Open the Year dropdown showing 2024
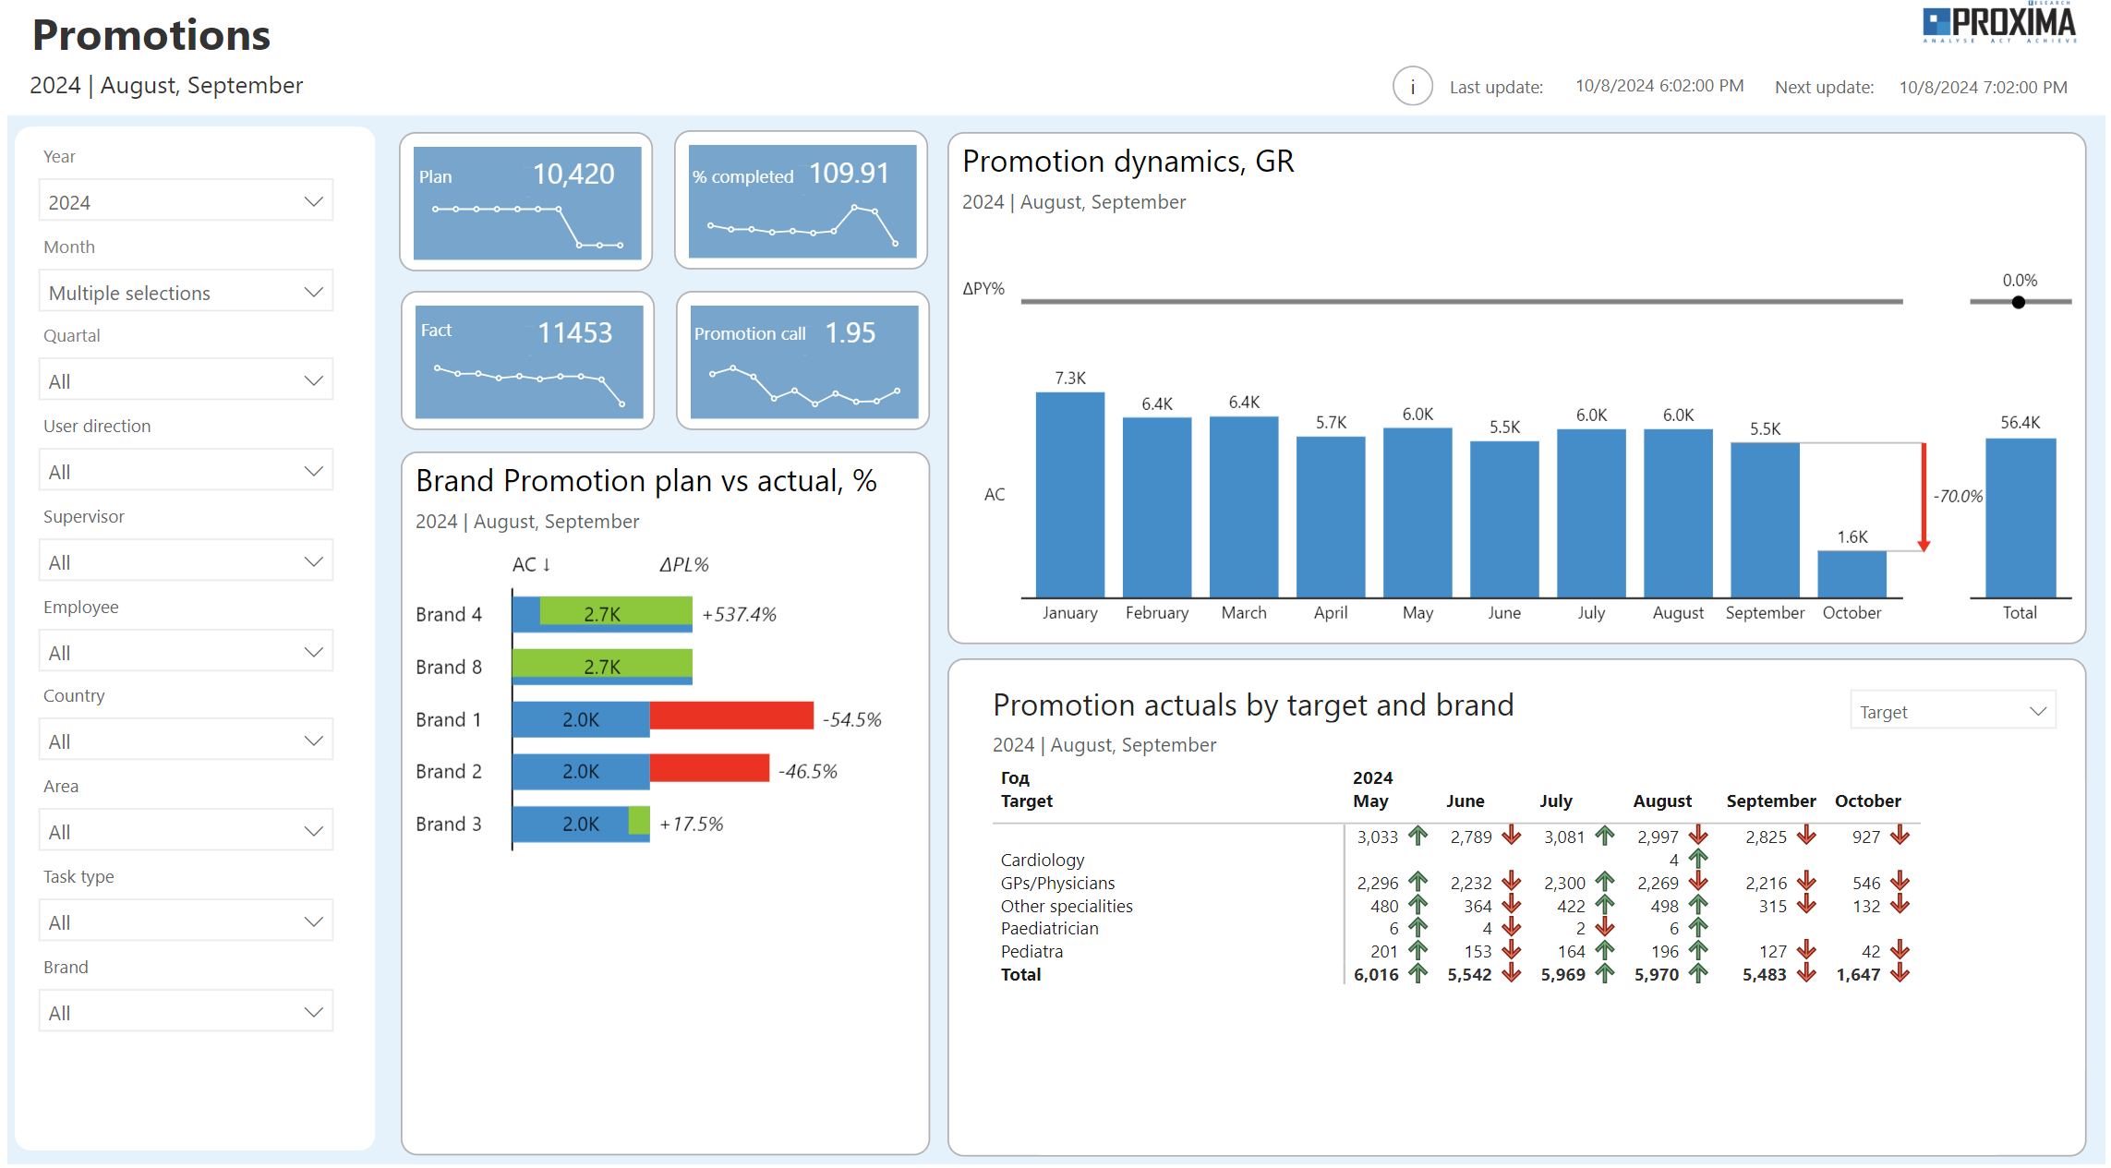pyautogui.click(x=185, y=201)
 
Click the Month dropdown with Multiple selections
pyautogui.click(x=185, y=292)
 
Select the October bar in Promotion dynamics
pyautogui.click(x=1851, y=573)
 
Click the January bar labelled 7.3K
pyautogui.click(x=1069, y=494)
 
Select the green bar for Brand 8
pyautogui.click(x=601, y=663)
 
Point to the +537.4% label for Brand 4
pyautogui.click(x=739, y=614)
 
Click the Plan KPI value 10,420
pyautogui.click(x=573, y=174)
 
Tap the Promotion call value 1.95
pyautogui.click(x=850, y=332)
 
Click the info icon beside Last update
pyautogui.click(x=1411, y=87)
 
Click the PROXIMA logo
pyautogui.click(x=1998, y=24)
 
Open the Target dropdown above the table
pyautogui.click(x=1951, y=711)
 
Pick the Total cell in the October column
pyautogui.click(x=1857, y=974)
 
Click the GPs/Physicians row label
pyautogui.click(x=1057, y=883)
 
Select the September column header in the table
pyautogui.click(x=1769, y=801)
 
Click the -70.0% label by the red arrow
pyautogui.click(x=1957, y=496)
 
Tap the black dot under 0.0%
pyautogui.click(x=2018, y=302)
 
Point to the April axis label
pyautogui.click(x=1330, y=612)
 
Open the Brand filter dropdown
pyautogui.click(x=185, y=1012)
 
